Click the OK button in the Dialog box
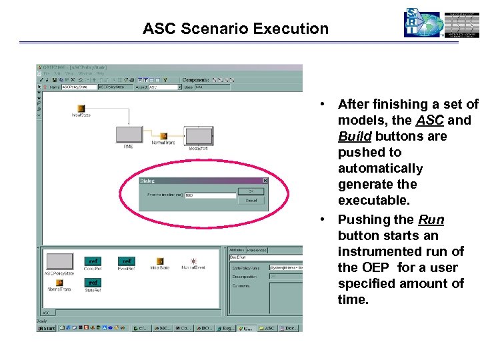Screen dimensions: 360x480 251,191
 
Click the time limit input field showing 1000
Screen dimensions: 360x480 210,195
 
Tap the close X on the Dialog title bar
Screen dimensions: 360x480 265,180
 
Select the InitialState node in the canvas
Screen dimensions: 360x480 81,108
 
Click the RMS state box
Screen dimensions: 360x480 128,135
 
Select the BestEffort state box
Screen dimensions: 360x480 199,136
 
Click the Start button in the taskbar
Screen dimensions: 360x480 46,328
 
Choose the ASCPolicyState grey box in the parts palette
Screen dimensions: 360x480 59,261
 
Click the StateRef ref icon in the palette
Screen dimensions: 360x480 93,282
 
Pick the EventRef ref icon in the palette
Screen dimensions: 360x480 127,261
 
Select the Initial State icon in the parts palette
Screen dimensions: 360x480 160,261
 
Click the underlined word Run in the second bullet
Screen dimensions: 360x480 431,220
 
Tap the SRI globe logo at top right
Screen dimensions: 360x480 423,23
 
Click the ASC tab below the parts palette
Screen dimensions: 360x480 47,311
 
